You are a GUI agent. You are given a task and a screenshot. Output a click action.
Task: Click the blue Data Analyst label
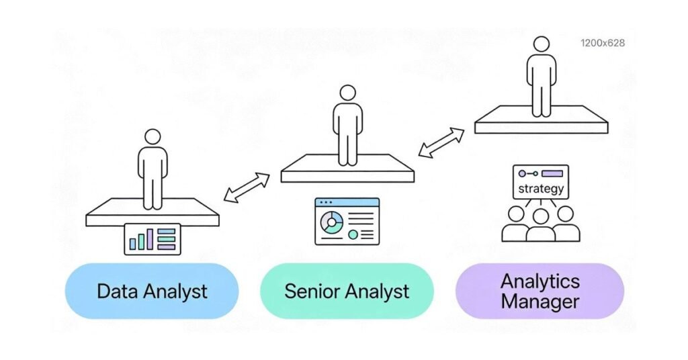point(152,291)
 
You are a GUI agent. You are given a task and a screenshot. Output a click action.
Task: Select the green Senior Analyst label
point(347,291)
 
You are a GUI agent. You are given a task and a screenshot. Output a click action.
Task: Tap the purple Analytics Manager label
point(540,291)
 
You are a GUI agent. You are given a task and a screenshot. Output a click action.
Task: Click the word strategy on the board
point(541,189)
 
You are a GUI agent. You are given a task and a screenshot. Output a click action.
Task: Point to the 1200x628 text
point(602,43)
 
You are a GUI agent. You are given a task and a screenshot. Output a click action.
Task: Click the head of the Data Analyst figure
point(153,137)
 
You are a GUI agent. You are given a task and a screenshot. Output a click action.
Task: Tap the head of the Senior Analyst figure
point(347,93)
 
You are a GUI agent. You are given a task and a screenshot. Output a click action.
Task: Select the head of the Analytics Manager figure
point(541,44)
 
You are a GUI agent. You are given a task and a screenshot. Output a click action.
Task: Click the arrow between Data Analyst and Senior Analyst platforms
point(247,188)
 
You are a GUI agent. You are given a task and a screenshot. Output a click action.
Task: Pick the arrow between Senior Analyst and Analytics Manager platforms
point(441,142)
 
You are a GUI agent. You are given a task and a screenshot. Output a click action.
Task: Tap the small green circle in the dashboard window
point(353,235)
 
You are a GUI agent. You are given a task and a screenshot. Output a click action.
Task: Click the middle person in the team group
point(540,225)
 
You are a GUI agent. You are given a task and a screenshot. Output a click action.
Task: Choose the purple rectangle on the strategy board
point(552,173)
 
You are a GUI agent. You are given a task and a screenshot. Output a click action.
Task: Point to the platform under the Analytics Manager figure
point(541,124)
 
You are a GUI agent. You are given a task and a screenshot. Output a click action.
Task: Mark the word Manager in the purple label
point(540,302)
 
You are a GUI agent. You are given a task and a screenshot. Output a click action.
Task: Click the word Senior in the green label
point(310,291)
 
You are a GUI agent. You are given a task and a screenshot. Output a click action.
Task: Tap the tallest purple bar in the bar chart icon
point(149,239)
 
